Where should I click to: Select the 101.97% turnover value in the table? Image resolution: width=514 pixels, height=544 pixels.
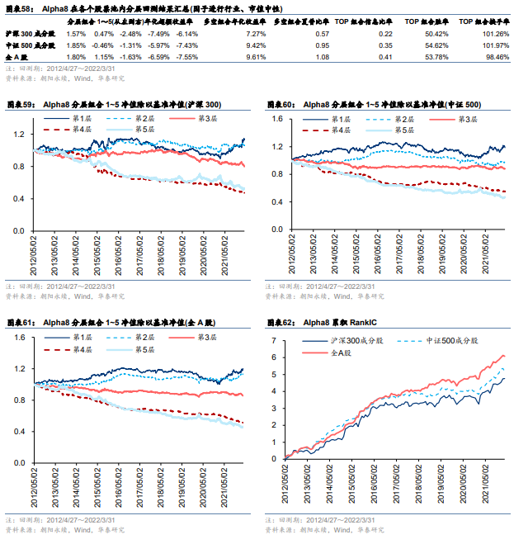click(490, 45)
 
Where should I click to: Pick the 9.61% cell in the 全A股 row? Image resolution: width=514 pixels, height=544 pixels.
click(255, 57)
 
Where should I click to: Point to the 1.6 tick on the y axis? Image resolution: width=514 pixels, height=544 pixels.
click(276, 119)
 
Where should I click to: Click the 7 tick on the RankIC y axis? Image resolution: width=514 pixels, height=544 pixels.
click(279, 338)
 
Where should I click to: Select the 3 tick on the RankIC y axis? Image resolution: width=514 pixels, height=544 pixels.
click(279, 406)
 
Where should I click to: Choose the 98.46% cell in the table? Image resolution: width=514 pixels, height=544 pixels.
click(492, 57)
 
